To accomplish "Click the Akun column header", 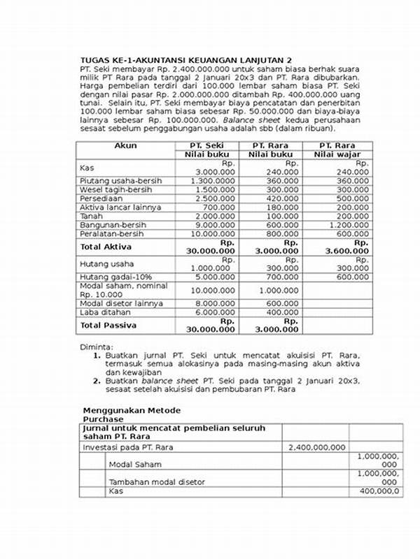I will (x=125, y=145).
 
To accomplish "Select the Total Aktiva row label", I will (x=106, y=247).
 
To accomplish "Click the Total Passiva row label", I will (x=108, y=326).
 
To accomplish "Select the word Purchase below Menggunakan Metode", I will (x=103, y=419).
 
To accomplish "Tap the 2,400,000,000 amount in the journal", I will (x=317, y=447).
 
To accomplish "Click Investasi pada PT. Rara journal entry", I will (x=127, y=447).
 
